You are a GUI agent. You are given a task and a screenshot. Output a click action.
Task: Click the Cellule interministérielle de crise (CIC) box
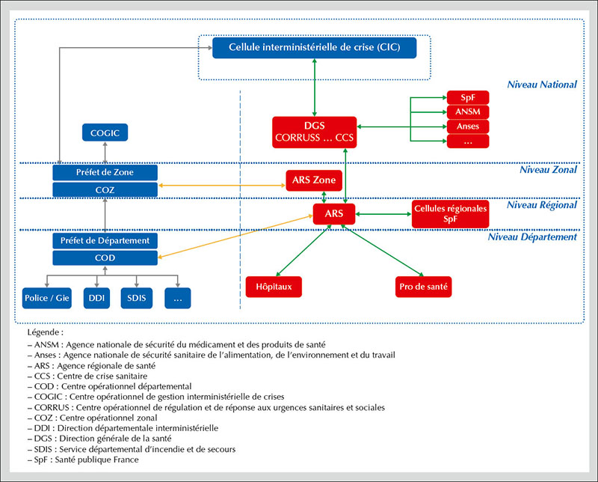314,48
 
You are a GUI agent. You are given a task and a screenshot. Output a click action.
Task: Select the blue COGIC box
105,133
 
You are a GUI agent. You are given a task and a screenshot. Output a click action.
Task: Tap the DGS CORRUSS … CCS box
314,132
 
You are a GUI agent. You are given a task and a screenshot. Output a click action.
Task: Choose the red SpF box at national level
468,97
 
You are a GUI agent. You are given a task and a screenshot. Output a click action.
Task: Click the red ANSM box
468,112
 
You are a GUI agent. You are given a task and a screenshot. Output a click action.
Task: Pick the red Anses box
468,126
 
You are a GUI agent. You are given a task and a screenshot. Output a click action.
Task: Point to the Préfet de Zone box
105,173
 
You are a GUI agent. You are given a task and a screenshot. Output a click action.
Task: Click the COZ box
105,190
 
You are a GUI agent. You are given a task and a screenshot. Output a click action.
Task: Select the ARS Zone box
314,180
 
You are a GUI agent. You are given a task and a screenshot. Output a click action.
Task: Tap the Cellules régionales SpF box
451,214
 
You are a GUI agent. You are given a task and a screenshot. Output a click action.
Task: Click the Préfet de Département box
105,241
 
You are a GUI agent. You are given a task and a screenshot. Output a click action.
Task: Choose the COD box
105,257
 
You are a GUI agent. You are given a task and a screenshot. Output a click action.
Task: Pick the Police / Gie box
47,299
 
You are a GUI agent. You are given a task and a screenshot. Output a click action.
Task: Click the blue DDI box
96,299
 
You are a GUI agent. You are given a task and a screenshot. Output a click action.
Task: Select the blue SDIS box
137,299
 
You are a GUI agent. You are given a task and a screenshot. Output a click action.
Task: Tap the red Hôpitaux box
274,287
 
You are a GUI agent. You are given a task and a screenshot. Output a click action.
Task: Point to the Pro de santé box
423,287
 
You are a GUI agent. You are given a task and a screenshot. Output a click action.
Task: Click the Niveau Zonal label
548,170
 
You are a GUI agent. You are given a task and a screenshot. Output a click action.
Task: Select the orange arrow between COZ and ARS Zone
222,185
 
